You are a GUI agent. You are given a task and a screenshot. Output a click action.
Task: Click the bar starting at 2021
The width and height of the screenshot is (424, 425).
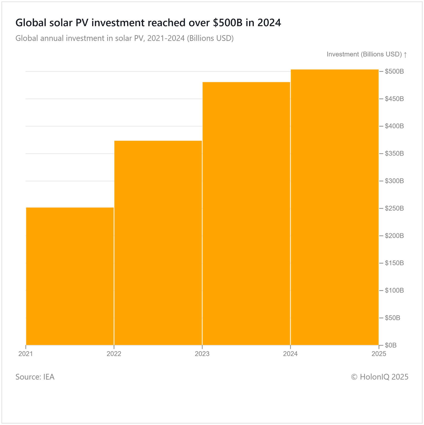pyautogui.click(x=70, y=276)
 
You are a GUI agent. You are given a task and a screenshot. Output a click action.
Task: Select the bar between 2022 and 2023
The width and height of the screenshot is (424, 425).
pyautogui.click(x=158, y=243)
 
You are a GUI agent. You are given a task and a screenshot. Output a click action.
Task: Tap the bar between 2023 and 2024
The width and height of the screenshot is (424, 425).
pyautogui.click(x=246, y=214)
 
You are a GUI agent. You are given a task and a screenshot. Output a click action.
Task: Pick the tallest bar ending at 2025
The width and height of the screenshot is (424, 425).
pyautogui.click(x=335, y=207)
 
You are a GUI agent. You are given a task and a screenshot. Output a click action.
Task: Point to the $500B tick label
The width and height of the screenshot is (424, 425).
pyautogui.click(x=394, y=71)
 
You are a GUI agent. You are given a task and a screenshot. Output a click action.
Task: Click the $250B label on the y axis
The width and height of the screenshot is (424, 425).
pyautogui.click(x=394, y=208)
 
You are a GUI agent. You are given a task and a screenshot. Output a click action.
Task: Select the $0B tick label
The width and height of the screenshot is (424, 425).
pyautogui.click(x=391, y=345)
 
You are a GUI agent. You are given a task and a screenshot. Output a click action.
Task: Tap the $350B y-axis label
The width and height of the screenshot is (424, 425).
pyautogui.click(x=394, y=154)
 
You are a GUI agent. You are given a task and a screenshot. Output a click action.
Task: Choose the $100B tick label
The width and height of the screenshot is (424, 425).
pyautogui.click(x=394, y=290)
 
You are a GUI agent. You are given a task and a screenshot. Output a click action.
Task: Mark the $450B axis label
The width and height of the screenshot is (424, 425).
pyautogui.click(x=394, y=99)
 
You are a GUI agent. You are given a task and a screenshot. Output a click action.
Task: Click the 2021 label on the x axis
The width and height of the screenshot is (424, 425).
pyautogui.click(x=25, y=354)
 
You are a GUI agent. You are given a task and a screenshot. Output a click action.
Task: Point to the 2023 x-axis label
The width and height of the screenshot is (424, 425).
pyautogui.click(x=202, y=354)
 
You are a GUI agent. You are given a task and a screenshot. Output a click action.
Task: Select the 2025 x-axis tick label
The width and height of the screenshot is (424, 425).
pyautogui.click(x=379, y=354)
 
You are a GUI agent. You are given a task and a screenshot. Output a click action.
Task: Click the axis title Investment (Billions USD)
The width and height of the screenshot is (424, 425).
pyautogui.click(x=364, y=54)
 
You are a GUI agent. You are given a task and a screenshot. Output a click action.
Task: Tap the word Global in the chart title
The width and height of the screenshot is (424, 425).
pyautogui.click(x=31, y=23)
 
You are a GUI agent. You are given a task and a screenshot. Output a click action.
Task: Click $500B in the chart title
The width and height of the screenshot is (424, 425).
pyautogui.click(x=228, y=23)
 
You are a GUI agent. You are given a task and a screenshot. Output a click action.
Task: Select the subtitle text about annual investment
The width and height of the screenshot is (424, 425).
pyautogui.click(x=124, y=38)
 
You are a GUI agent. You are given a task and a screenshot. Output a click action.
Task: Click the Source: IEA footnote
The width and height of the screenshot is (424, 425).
pyautogui.click(x=35, y=377)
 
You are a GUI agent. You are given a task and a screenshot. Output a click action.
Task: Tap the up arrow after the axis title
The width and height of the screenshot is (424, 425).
pyautogui.click(x=405, y=55)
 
